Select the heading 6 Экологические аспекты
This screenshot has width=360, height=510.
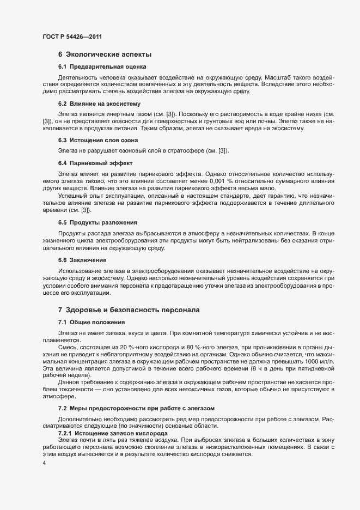[105, 54]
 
